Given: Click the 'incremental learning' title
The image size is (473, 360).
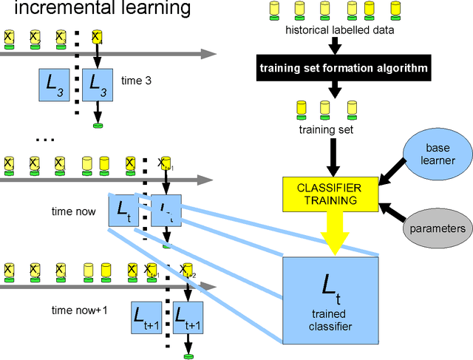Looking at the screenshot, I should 96,10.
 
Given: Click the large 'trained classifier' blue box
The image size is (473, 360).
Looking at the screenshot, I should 330,299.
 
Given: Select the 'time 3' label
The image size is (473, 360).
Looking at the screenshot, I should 136,81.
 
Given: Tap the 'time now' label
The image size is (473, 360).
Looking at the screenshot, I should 74,211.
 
